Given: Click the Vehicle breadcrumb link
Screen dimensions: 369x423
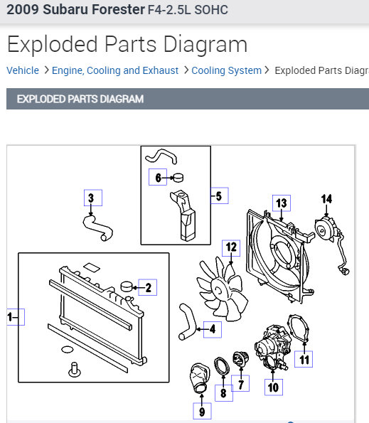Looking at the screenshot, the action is coord(23,70).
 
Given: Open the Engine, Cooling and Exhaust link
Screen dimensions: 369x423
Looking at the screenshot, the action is coord(115,70).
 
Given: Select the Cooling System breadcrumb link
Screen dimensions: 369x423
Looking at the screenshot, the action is coord(227,70).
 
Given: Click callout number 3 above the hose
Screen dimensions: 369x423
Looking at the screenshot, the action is coord(91,198).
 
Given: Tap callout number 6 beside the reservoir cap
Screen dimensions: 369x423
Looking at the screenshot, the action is coord(158,178).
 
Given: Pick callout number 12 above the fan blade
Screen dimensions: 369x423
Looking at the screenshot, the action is coord(231,247).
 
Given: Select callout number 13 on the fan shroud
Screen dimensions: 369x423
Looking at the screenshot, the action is coord(282,203).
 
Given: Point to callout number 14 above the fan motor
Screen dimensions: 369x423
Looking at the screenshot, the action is coord(326,199).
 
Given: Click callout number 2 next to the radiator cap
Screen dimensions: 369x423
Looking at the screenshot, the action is coord(149,288).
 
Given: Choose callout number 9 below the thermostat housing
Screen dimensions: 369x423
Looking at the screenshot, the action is coord(202,412).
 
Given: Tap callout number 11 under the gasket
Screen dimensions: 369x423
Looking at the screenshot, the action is coord(304,360).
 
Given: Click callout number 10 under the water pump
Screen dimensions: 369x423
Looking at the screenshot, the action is coord(273,387).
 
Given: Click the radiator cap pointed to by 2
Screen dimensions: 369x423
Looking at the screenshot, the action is coord(127,287).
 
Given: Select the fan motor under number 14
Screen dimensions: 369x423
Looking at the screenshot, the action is coord(326,230).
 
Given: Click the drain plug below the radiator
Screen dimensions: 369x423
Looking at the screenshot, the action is coord(75,370).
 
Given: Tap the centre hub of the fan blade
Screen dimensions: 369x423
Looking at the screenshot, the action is coord(218,291).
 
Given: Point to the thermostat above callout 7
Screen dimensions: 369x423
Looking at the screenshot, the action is coord(240,359).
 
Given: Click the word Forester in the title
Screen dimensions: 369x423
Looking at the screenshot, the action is coord(94,9).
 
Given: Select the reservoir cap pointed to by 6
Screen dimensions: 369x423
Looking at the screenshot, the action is coord(178,178).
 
